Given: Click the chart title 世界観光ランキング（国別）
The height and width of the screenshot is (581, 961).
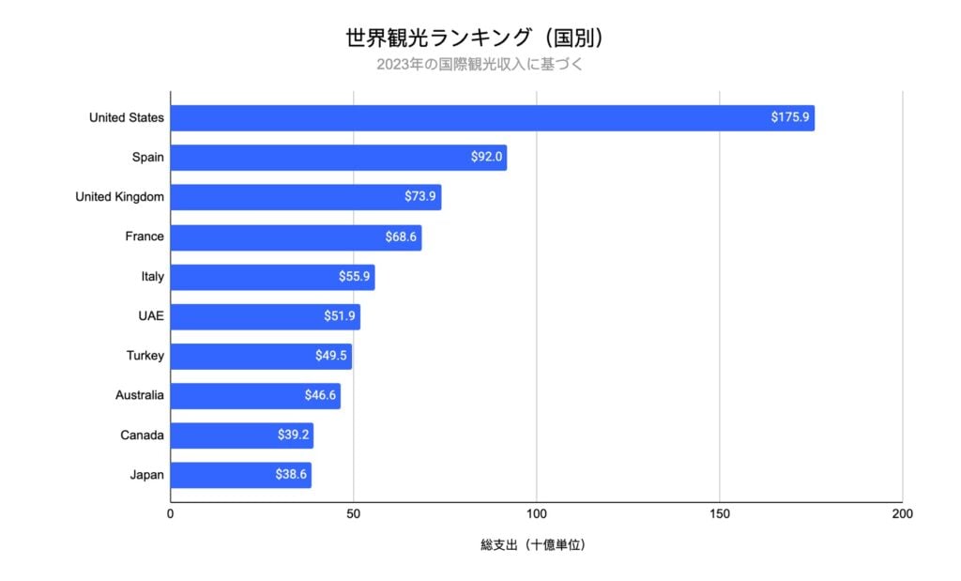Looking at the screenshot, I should tap(480, 38).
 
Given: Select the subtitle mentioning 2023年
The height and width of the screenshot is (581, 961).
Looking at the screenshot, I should tap(480, 65).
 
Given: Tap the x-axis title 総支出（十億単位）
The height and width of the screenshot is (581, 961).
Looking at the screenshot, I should tap(532, 544).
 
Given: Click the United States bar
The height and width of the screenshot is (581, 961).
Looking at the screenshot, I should tap(492, 118).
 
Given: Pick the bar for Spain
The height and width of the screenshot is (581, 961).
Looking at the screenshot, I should tap(338, 158).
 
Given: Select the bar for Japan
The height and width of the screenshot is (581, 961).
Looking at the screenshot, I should tap(240, 475).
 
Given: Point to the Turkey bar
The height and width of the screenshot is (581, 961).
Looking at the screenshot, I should tap(261, 356).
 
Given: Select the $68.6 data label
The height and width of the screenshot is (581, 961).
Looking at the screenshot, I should tap(401, 237).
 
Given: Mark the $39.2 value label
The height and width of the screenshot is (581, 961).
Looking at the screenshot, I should tap(293, 436).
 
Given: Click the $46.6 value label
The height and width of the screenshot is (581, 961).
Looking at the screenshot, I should tap(320, 396).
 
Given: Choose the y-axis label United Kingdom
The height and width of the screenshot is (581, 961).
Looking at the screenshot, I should tap(119, 197).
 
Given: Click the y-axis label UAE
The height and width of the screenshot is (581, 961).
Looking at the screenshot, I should tap(150, 316).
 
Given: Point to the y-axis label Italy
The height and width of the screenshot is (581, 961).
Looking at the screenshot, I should tap(152, 277).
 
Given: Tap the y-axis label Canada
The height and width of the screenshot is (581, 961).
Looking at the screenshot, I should tap(142, 436).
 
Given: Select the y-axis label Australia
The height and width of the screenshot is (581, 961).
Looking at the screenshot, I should tap(139, 395).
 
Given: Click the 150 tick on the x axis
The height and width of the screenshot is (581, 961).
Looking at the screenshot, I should tap(719, 514).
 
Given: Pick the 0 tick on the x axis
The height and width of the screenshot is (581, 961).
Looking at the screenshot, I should tap(171, 514).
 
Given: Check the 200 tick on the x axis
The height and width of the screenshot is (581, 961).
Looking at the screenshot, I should tap(902, 514).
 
